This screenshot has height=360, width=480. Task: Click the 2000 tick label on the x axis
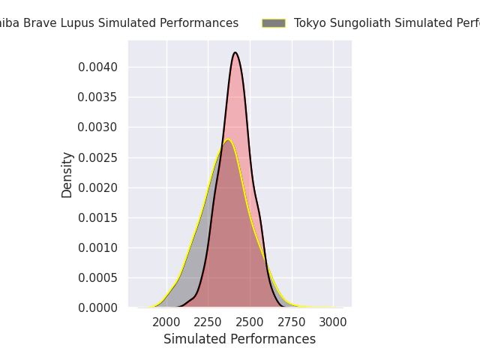coord(166,322)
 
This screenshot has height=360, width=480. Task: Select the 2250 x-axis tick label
coord(208,322)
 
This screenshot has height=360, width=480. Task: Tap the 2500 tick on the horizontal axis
coord(250,322)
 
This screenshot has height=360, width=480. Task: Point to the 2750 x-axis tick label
coord(292,322)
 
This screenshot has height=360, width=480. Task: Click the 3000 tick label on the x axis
coord(333,322)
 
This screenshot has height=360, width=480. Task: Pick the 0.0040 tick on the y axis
coord(98,67)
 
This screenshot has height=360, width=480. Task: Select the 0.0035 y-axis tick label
coord(98,97)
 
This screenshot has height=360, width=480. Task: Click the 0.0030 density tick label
coord(98,127)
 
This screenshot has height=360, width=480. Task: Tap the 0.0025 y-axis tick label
coord(98,157)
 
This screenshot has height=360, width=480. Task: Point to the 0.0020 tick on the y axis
coord(98,187)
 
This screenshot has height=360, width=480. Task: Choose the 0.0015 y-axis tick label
coord(98,217)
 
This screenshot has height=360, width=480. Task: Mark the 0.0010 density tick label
coord(98,247)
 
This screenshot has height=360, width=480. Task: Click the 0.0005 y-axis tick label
coord(98,277)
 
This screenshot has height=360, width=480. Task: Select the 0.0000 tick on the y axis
coord(98,307)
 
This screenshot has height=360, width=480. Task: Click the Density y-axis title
coord(67,174)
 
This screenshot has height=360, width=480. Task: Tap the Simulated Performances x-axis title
coord(239,339)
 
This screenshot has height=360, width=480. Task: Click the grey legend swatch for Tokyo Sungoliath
coord(274,23)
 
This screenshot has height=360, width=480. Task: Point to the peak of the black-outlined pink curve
coord(235,52)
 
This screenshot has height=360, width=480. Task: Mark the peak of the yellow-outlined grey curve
coord(228,139)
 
